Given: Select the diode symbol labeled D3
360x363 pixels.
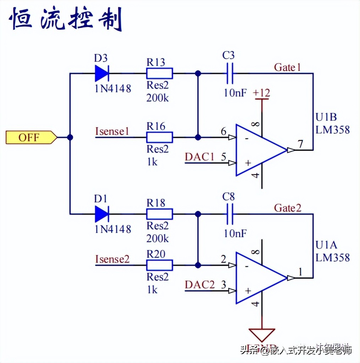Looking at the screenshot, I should click(102, 74).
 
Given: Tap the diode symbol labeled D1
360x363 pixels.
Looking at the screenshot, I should click(102, 214).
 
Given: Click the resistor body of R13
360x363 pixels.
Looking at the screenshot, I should click(160, 74).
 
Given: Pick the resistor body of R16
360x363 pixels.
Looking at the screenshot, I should click(160, 137).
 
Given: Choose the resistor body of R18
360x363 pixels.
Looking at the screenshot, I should click(160, 214).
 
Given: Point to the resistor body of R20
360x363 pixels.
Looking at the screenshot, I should click(160, 265).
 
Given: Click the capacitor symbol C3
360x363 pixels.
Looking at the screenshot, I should click(230, 74).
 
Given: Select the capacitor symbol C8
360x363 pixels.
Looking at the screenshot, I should click(230, 214).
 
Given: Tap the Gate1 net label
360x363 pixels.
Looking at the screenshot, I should click(287, 67).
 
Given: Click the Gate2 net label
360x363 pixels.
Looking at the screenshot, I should click(287, 208).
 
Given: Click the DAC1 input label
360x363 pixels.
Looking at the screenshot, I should click(200, 157).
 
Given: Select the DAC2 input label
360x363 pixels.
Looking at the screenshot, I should click(200, 285).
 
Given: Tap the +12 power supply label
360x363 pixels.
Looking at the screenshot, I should click(261, 93).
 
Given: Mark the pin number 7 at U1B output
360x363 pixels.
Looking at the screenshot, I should click(300, 144).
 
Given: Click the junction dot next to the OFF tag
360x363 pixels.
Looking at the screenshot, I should click(70, 137).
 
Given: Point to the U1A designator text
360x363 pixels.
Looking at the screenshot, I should click(326, 245).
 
